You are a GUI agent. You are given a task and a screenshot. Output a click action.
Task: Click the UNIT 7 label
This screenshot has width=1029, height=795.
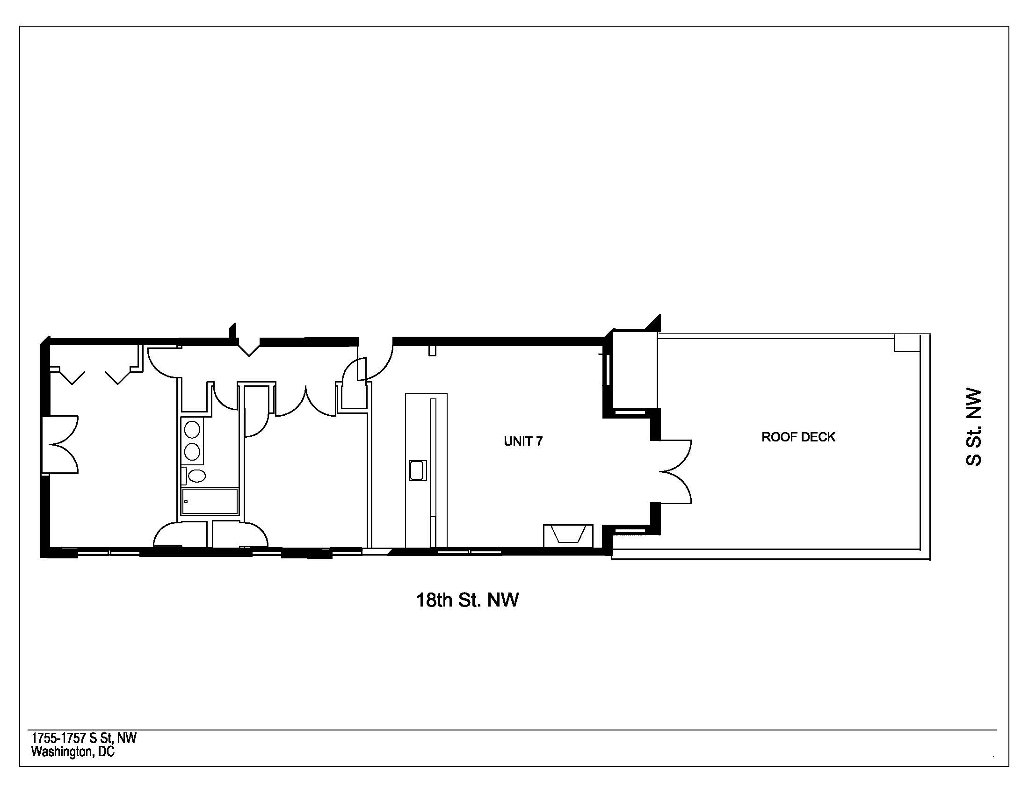pyautogui.click(x=523, y=441)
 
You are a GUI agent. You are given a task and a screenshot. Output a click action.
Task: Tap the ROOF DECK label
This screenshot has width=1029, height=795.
pyautogui.click(x=798, y=437)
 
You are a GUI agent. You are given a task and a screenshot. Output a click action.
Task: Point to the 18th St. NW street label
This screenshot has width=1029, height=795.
pyautogui.click(x=467, y=600)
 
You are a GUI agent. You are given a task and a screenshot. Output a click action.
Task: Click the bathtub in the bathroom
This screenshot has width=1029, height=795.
pyautogui.click(x=210, y=501)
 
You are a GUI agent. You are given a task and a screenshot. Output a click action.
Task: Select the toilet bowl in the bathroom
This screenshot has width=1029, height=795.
pyautogui.click(x=196, y=476)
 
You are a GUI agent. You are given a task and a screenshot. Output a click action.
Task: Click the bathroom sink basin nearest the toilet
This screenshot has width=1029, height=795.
pyautogui.click(x=192, y=452)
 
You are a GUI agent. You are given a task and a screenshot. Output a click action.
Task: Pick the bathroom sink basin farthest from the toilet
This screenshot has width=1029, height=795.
pyautogui.click(x=192, y=429)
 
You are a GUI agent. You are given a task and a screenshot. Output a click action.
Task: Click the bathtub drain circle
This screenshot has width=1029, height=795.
pyautogui.click(x=186, y=501)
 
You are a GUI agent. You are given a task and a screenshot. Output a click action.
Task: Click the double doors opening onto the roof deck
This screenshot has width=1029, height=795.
pyautogui.click(x=675, y=471)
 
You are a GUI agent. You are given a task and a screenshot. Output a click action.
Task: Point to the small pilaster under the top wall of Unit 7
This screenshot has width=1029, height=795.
pyautogui.click(x=433, y=350)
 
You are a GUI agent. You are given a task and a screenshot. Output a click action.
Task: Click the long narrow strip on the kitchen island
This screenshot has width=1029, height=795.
pyautogui.click(x=434, y=471)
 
